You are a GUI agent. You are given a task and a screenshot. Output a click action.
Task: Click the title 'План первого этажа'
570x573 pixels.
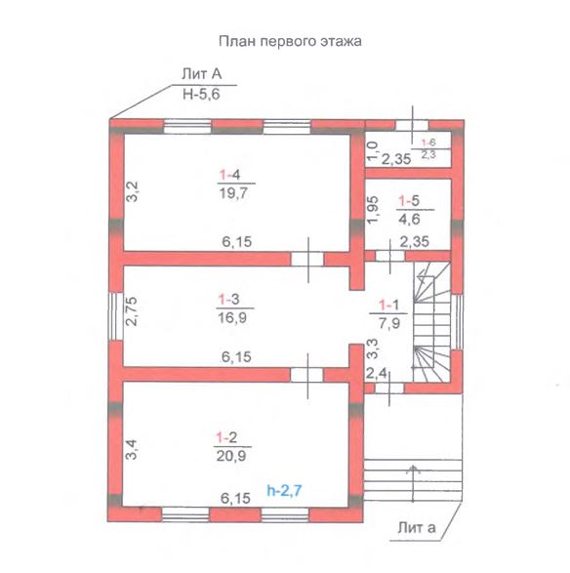290,41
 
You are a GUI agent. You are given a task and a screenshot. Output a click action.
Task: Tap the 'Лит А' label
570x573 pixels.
202,74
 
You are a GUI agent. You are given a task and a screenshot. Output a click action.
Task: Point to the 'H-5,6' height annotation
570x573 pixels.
201,95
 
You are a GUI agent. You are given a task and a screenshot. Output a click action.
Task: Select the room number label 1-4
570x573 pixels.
229,175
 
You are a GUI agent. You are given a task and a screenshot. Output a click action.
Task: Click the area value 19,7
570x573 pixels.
233,192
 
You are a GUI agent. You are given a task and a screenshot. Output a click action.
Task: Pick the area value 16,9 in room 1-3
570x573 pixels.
232,317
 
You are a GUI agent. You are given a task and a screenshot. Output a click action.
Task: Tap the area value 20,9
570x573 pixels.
231,456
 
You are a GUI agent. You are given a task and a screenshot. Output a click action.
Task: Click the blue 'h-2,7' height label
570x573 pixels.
284,490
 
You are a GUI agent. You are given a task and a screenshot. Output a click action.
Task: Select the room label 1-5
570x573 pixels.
409,201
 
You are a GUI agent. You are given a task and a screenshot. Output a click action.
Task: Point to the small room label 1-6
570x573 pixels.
428,143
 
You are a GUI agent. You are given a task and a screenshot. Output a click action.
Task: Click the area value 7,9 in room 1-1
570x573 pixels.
389,323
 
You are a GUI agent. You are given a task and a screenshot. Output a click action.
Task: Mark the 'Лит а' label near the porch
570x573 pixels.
417,528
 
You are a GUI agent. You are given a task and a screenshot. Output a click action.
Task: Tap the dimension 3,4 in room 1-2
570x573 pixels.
132,449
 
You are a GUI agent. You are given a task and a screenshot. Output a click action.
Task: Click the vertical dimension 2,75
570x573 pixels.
131,311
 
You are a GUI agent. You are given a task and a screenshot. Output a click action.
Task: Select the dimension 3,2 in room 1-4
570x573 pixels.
132,191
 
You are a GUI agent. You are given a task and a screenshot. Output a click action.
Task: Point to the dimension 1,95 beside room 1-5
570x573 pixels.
373,210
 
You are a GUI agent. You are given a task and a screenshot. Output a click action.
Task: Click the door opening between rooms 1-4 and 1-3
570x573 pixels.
307,259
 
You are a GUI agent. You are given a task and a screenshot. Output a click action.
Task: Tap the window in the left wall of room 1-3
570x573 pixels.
116,316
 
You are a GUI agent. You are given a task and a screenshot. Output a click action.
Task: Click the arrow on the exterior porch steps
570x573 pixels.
413,483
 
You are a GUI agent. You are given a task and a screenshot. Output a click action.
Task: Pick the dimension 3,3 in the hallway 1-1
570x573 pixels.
373,348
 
